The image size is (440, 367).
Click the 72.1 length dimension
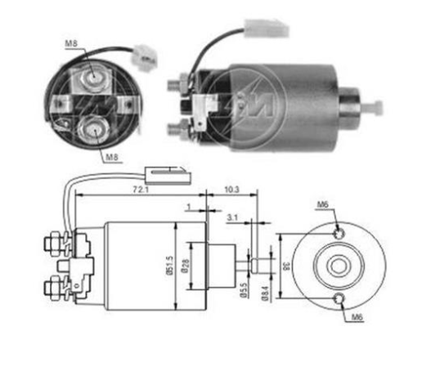[x=141, y=190]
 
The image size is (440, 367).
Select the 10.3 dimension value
[x=231, y=190]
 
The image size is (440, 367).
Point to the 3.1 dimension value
[x=232, y=217]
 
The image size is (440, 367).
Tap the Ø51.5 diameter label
[x=169, y=265]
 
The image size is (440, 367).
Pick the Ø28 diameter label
[x=186, y=266]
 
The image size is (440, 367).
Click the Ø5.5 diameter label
[x=243, y=289]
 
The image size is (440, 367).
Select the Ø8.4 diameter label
[x=266, y=293]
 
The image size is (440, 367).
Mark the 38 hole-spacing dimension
[x=286, y=266]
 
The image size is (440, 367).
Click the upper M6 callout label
[x=323, y=204]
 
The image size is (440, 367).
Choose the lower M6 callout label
[x=357, y=317]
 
